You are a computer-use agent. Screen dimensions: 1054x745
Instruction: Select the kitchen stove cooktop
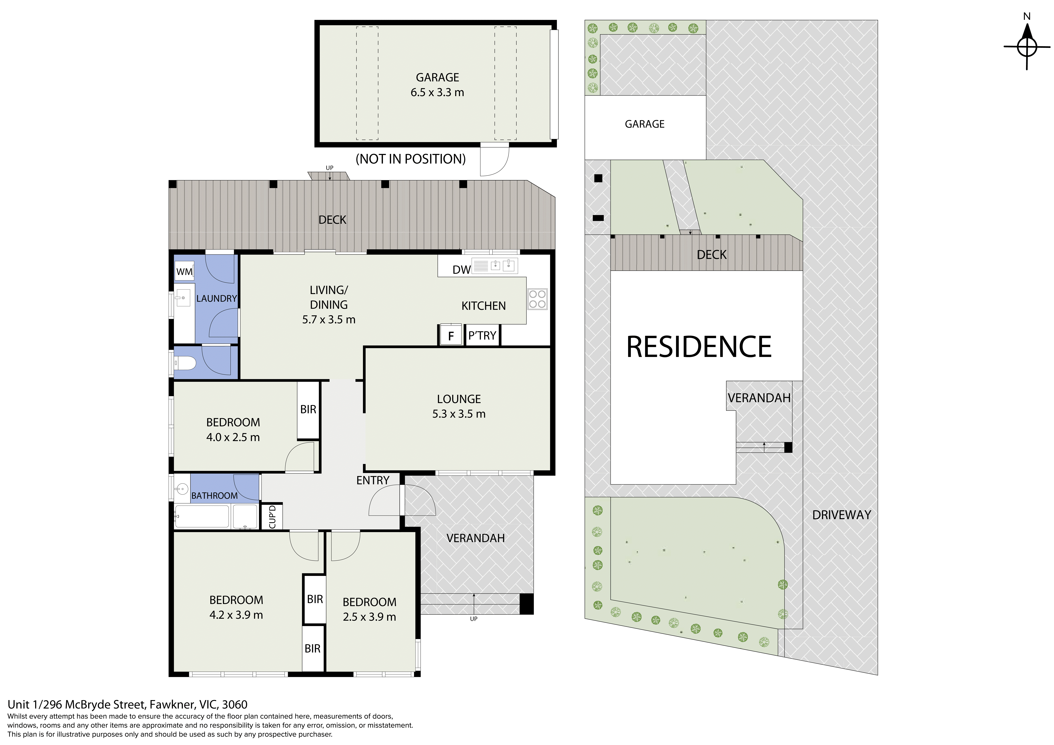[x=537, y=299]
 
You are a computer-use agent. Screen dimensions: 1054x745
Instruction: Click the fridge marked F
[x=451, y=335]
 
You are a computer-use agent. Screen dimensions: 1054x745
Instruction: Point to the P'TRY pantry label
[x=482, y=335]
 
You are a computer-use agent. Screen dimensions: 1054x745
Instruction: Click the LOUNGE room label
[x=459, y=399]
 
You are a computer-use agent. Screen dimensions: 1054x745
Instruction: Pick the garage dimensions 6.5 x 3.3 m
[x=437, y=92]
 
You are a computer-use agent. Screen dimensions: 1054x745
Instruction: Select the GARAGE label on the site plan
[x=644, y=124]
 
